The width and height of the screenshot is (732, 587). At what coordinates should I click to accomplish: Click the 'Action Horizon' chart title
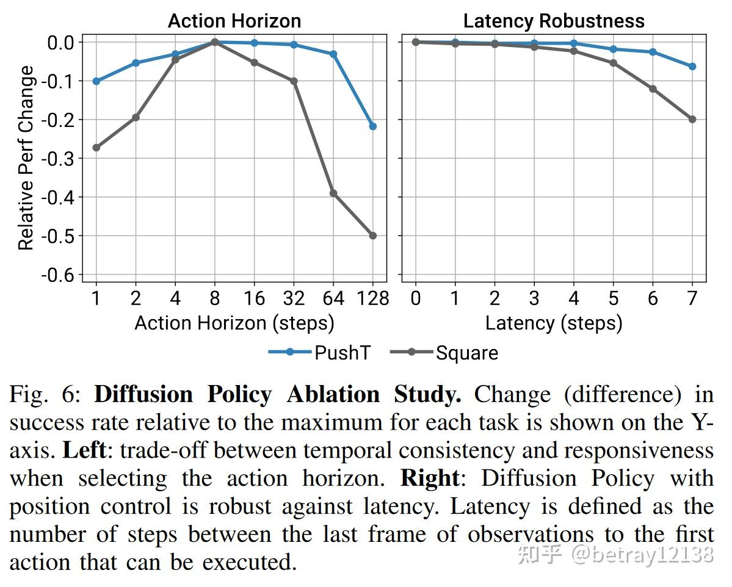tap(234, 21)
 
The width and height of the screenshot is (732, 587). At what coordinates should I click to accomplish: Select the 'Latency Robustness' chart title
tap(554, 21)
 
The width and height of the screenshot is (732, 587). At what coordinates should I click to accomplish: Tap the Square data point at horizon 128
tap(373, 236)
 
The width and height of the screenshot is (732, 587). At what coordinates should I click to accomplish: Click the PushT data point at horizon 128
tap(373, 126)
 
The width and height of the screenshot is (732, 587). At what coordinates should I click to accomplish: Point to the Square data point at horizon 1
tap(96, 148)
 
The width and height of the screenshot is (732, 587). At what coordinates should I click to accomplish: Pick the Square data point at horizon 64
tap(333, 193)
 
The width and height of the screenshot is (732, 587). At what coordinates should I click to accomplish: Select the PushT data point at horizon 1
tap(96, 81)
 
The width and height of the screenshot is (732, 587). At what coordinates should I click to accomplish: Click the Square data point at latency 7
tap(692, 120)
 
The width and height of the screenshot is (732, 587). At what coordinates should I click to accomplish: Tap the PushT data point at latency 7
tap(692, 67)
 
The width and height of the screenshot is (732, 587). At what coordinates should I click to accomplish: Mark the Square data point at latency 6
tap(653, 89)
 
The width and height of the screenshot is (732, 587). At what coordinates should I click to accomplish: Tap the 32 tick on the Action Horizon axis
tap(294, 298)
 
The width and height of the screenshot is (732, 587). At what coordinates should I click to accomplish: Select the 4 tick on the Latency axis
tap(574, 298)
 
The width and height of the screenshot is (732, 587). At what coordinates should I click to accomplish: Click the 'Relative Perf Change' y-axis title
tap(26, 159)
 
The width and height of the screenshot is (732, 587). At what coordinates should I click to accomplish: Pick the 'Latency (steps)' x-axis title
tap(554, 323)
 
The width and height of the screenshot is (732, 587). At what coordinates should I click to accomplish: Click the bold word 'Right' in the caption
tap(429, 478)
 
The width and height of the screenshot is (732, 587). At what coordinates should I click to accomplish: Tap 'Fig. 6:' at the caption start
tap(45, 395)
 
